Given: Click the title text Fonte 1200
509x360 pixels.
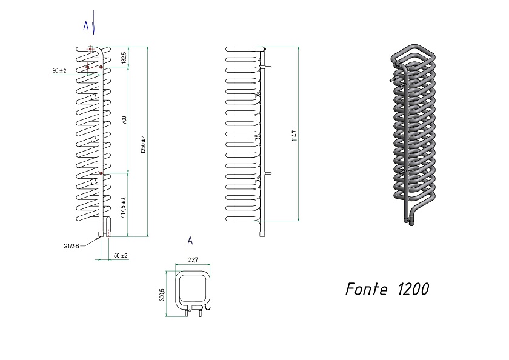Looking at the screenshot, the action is (387, 288).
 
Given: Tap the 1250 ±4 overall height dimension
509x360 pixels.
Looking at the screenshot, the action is (143, 144).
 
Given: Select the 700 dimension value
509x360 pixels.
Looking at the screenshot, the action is (124, 120).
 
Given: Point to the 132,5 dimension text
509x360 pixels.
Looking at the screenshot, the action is (124, 58).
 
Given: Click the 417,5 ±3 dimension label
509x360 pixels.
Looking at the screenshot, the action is (124, 208).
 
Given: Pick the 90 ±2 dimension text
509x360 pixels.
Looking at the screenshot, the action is (59, 70).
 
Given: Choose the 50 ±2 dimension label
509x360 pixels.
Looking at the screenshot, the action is (121, 256).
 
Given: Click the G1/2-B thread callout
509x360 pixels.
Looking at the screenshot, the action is (71, 246).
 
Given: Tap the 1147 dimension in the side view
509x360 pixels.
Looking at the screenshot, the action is (294, 135).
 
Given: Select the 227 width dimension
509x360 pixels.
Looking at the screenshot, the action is (193, 259).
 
